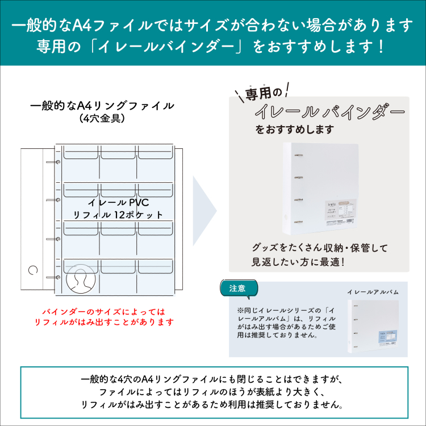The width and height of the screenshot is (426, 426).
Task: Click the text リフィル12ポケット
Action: click(118, 215)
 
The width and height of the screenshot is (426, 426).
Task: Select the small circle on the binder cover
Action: click(32, 270)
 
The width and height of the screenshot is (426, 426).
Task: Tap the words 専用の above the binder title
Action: click(263, 93)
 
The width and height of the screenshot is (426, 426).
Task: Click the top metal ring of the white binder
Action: click(296, 155)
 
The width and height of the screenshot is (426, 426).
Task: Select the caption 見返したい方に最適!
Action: click(299, 262)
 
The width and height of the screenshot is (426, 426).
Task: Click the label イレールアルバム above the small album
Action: click(372, 292)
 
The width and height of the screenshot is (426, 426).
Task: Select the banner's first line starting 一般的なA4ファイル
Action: click(212, 25)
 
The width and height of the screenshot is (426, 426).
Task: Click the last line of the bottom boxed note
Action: click(212, 404)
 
